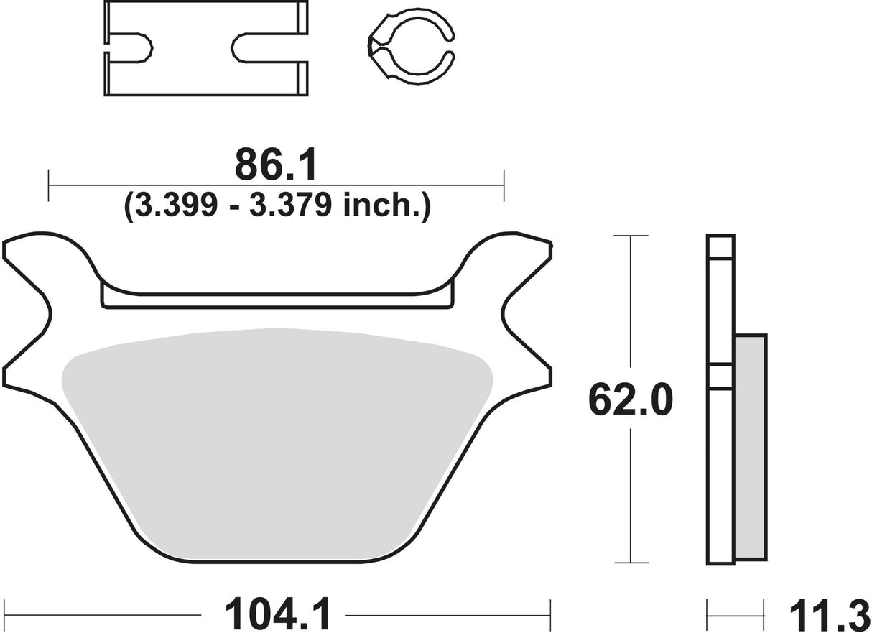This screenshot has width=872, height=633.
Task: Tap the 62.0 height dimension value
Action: [630, 400]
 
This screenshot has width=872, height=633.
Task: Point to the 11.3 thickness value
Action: [825, 614]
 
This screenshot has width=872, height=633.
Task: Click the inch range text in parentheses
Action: [277, 206]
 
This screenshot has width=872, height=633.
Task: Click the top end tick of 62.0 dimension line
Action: [630, 235]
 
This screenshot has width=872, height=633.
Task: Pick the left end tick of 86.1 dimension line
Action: [48, 186]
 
